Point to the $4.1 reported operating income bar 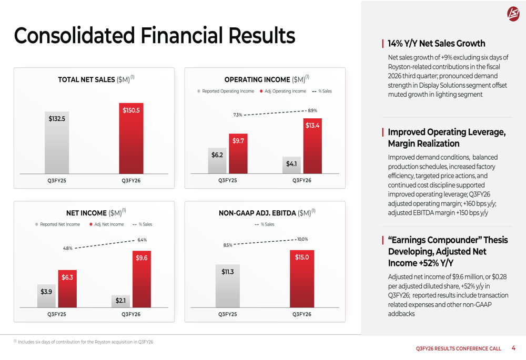[x=291, y=165]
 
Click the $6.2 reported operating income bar [x=217, y=160]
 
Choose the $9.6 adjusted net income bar [x=141, y=279]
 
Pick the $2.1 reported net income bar [x=120, y=301]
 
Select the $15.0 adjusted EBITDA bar [x=302, y=279]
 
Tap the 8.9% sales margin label [x=312, y=111]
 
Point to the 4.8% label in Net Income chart [x=67, y=249]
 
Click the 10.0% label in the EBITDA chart [x=302, y=239]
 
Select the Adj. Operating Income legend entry [x=283, y=91]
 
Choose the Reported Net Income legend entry [x=58, y=224]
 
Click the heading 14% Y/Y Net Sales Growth [x=437, y=44]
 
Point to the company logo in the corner [x=513, y=14]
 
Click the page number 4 [x=513, y=348]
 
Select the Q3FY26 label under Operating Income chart [x=302, y=181]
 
